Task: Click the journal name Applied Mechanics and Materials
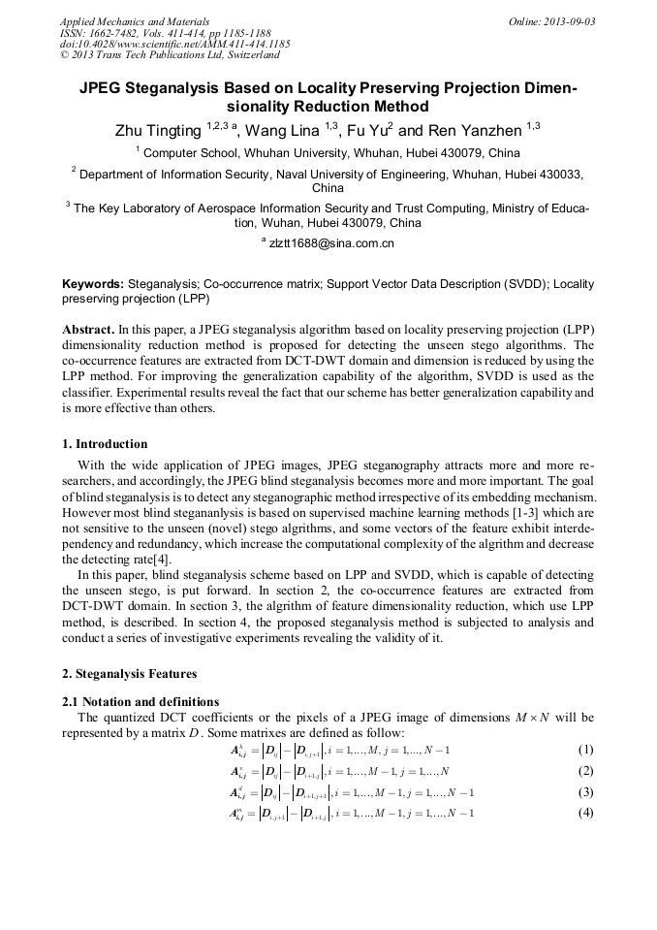135,21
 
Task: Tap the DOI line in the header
174,45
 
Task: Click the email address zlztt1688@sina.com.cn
331,243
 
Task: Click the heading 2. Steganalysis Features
129,674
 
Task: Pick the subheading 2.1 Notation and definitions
141,701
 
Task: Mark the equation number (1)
585,751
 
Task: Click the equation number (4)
585,813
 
